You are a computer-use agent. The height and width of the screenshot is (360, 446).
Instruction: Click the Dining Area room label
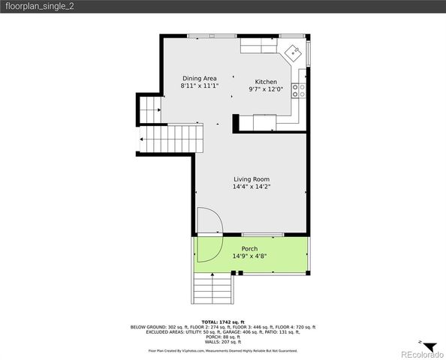pos(200,78)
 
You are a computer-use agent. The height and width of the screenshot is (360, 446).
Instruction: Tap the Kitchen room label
pos(266,82)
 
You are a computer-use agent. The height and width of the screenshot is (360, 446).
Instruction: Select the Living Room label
pos(251,179)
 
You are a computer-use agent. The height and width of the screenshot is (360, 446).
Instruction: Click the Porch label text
pos(249,249)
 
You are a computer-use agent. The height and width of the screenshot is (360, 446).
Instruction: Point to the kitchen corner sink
pos(294,52)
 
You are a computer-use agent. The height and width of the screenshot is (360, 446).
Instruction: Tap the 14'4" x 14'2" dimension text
pos(251,187)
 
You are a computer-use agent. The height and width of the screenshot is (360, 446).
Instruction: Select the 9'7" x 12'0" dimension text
pos(266,89)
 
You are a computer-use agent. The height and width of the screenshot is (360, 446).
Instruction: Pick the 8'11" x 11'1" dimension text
pos(200,85)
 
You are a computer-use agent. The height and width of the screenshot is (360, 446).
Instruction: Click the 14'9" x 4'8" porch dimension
pos(250,256)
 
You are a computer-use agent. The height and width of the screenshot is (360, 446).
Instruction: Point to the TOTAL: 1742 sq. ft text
pos(223,322)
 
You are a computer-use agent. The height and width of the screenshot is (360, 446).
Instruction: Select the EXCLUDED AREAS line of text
pos(223,333)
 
